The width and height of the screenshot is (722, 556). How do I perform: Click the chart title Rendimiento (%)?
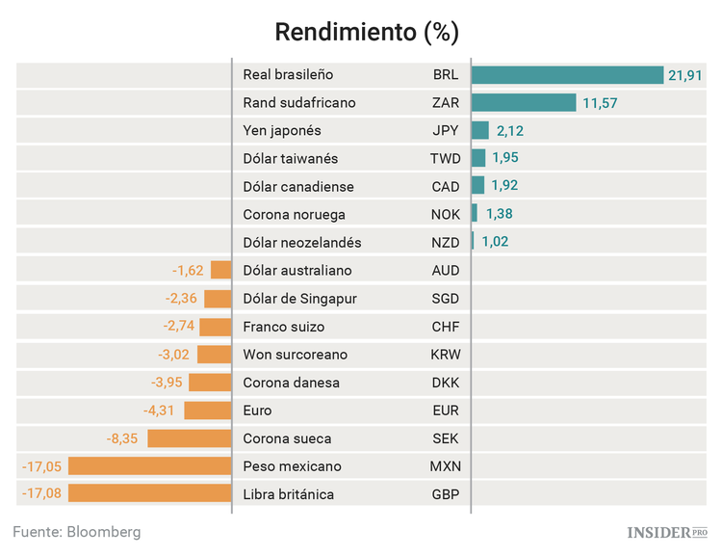[x=367, y=32]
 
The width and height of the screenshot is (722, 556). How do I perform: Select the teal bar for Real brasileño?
[x=567, y=75]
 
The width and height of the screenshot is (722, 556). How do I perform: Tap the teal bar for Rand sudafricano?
[x=523, y=103]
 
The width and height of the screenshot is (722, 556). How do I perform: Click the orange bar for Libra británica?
[x=150, y=494]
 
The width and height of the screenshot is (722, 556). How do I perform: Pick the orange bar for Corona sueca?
[x=190, y=438]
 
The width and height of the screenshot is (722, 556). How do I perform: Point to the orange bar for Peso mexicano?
[x=150, y=466]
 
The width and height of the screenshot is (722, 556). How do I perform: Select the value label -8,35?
[x=125, y=438]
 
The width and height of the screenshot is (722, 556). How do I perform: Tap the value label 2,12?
[x=509, y=131]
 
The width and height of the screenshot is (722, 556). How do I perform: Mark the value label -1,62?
[x=188, y=271]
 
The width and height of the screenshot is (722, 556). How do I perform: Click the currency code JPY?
[x=446, y=131]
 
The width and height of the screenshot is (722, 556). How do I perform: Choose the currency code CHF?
[x=446, y=327]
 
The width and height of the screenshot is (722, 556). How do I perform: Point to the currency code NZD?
[x=446, y=243]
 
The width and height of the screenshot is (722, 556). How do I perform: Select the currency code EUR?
[x=446, y=410]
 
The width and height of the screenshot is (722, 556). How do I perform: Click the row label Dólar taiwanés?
[x=291, y=159]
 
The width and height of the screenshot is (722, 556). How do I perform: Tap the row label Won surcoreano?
[x=296, y=355]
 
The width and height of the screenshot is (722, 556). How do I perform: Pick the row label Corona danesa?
[x=292, y=383]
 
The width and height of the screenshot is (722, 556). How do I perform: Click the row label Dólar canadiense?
[x=298, y=187]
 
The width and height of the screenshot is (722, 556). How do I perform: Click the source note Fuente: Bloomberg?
[x=77, y=532]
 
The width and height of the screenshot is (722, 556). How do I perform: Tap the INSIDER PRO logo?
[x=666, y=532]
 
